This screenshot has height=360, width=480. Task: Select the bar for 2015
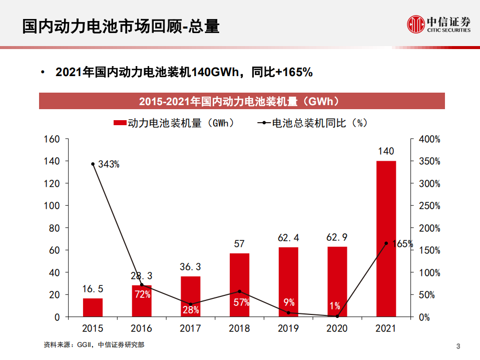tap(93, 307)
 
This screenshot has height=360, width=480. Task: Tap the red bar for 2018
tap(239, 285)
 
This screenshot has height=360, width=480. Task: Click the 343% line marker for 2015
tap(93, 164)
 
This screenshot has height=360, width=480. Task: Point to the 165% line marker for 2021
tap(386, 243)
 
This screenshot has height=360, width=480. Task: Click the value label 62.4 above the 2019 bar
tap(288, 237)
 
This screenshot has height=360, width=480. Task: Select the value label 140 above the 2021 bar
tap(386, 151)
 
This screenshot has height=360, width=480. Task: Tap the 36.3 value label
tap(190, 267)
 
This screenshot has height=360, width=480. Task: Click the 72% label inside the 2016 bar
tap(142, 294)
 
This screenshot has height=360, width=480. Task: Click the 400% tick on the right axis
tap(429, 139)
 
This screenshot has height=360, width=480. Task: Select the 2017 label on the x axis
tap(190, 328)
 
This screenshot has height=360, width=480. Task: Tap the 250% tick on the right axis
tap(429, 206)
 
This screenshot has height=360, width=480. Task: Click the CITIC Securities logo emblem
tap(414, 24)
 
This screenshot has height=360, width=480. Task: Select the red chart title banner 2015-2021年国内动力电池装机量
tap(242, 102)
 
